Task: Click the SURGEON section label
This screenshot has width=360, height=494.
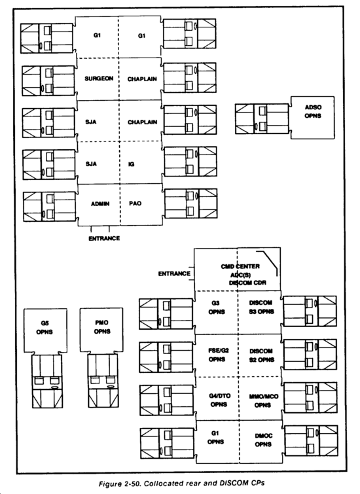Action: pyautogui.click(x=99, y=79)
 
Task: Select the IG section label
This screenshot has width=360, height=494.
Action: pyautogui.click(x=131, y=164)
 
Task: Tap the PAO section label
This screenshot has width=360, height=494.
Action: pyautogui.click(x=135, y=203)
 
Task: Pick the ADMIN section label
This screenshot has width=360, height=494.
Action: pyautogui.click(x=100, y=204)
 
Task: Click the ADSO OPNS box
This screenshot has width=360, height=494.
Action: pyautogui.click(x=312, y=118)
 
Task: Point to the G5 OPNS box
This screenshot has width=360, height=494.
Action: pyautogui.click(x=45, y=330)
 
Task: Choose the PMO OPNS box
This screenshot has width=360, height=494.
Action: pyautogui.click(x=101, y=330)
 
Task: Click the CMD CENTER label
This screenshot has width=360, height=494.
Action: pyautogui.click(x=240, y=266)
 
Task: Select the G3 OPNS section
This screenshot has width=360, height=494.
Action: pyautogui.click(x=216, y=312)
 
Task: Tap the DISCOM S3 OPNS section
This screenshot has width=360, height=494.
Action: pyautogui.click(x=259, y=312)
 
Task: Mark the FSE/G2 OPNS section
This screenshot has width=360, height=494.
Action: pyautogui.click(x=217, y=355)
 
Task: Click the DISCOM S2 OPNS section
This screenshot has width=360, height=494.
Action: pyautogui.click(x=260, y=355)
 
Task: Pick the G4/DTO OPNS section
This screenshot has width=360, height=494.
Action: pyautogui.click(x=217, y=398)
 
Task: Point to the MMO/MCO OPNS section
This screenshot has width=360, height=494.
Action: pyautogui.click(x=260, y=398)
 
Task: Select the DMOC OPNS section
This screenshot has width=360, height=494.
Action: pyautogui.click(x=261, y=442)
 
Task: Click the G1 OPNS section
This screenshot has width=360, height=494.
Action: pyautogui.click(x=217, y=442)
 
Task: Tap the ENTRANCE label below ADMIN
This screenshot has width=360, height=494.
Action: pyautogui.click(x=104, y=238)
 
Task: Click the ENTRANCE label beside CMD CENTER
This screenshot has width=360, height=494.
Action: pyautogui.click(x=174, y=273)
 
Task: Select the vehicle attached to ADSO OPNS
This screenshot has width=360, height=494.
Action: pyautogui.click(x=262, y=119)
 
